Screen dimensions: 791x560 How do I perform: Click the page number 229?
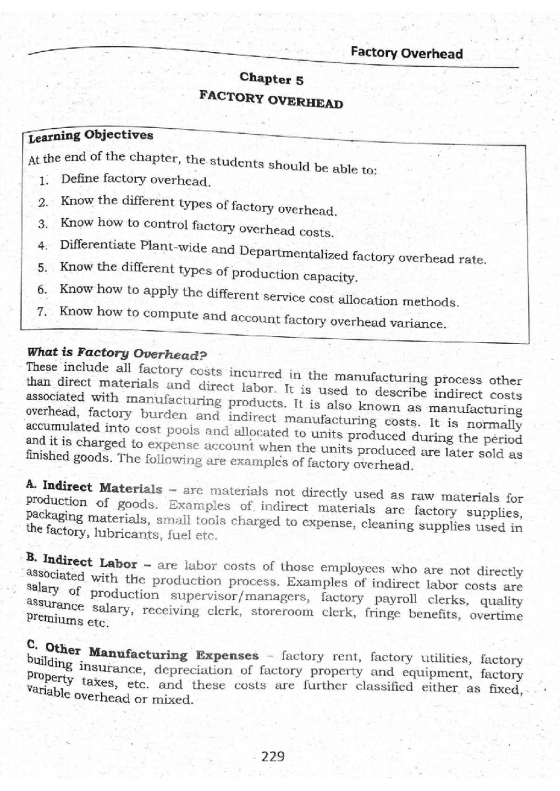pyautogui.click(x=273, y=756)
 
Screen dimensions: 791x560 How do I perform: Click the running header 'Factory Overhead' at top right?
pyautogui.click(x=406, y=53)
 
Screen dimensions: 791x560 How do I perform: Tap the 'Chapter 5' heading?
pyautogui.click(x=271, y=79)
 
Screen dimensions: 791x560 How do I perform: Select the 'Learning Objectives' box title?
pyautogui.click(x=91, y=136)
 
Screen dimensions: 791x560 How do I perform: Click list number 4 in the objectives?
pyautogui.click(x=42, y=245)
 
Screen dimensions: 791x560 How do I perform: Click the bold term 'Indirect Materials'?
pyautogui.click(x=102, y=488)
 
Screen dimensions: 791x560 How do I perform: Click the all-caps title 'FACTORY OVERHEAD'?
pyautogui.click(x=271, y=99)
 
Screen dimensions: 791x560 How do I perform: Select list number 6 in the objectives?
pyautogui.click(x=42, y=289)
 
